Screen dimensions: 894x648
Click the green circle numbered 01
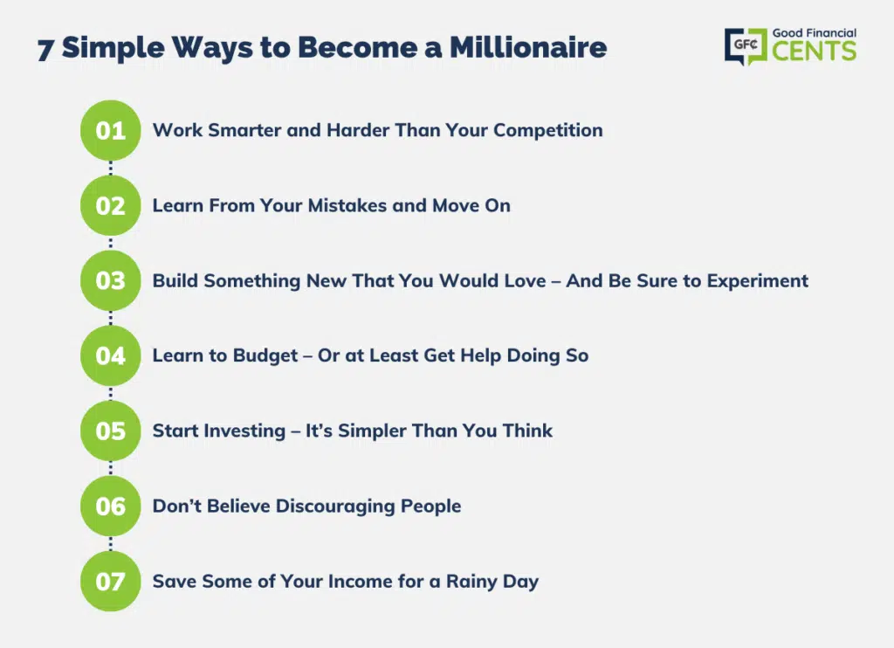tap(111, 130)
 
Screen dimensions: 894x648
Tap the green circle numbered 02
tap(111, 205)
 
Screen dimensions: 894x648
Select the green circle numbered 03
tap(111, 280)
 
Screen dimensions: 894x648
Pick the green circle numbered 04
tap(111, 355)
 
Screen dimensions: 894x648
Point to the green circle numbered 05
tap(111, 431)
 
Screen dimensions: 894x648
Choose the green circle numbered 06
tap(111, 506)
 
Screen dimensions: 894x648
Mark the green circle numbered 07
tap(111, 582)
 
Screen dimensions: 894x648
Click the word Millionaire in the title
tap(528, 47)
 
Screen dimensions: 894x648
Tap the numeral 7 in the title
tap(45, 50)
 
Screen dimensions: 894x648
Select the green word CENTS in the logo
tap(815, 51)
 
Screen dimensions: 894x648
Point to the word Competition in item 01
tap(548, 131)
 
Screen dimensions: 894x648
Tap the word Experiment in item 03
tap(758, 281)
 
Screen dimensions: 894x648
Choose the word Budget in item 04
tap(265, 356)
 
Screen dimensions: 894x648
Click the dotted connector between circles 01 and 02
tap(111, 168)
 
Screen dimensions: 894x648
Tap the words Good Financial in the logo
tap(815, 33)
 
